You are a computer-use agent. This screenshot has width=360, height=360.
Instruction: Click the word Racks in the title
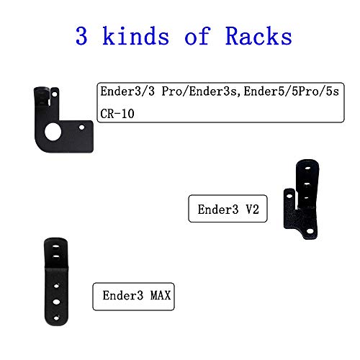pyautogui.click(x=258, y=36)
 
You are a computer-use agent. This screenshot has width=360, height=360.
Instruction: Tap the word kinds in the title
pyautogui.click(x=135, y=36)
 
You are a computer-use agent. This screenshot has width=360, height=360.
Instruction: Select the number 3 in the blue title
pyautogui.click(x=81, y=36)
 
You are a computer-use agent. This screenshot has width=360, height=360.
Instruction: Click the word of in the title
pyautogui.click(x=197, y=36)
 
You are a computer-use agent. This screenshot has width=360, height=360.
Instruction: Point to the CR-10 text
pyautogui.click(x=117, y=114)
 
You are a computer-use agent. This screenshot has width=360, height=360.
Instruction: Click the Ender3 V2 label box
pyautogui.click(x=228, y=209)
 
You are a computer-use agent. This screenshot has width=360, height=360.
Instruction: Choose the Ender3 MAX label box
pyautogui.click(x=133, y=297)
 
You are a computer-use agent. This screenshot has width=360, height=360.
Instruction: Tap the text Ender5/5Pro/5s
pyautogui.click(x=292, y=91)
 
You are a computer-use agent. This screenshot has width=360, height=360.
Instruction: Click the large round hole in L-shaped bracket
pyautogui.click(x=53, y=132)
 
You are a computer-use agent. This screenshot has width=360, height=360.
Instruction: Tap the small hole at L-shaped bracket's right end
pyautogui.click(x=81, y=127)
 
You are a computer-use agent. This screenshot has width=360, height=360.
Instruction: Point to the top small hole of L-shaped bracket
pyautogui.click(x=55, y=94)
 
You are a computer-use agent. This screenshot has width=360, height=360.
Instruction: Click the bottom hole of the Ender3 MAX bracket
pyautogui.click(x=56, y=318)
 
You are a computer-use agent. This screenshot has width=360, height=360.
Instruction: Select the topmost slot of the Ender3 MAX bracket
pyautogui.click(x=55, y=246)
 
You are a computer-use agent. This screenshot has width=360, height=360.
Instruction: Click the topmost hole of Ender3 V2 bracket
pyautogui.click(x=307, y=168)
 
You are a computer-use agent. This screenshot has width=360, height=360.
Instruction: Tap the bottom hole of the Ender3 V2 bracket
pyautogui.click(x=310, y=231)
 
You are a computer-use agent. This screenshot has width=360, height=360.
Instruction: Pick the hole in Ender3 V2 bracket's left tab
pyautogui.click(x=289, y=196)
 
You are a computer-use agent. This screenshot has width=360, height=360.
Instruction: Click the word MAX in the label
pyautogui.click(x=161, y=295)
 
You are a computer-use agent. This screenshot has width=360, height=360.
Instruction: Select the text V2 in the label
pyautogui.click(x=252, y=210)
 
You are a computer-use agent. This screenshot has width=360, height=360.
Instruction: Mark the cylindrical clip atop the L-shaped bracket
pyautogui.click(x=42, y=96)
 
